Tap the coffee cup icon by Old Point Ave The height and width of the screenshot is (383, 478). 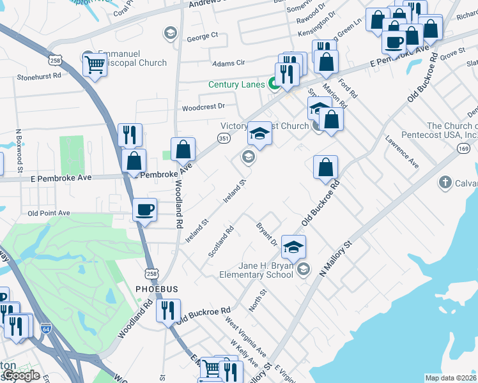pos(145,209)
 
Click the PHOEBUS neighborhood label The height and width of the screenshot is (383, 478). pos(157,289)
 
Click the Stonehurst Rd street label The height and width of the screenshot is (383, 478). pos(39,75)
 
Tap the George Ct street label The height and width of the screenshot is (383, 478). pos(203,38)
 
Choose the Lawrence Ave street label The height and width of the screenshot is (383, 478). pos(401,151)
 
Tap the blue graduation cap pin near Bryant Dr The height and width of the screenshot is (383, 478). pos(293,247)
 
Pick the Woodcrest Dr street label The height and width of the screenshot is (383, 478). pos(204,106)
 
